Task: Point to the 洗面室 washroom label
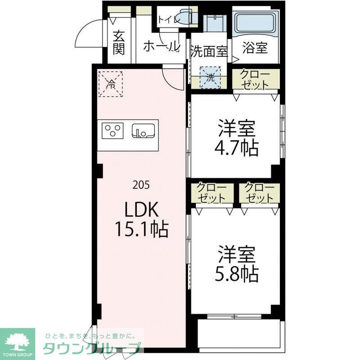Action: click(209, 50)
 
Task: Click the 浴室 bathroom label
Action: click(255, 48)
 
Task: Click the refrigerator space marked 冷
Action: click(110, 84)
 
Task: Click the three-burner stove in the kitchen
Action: click(113, 131)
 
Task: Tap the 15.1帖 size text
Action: click(140, 230)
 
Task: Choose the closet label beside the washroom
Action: click(255, 80)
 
